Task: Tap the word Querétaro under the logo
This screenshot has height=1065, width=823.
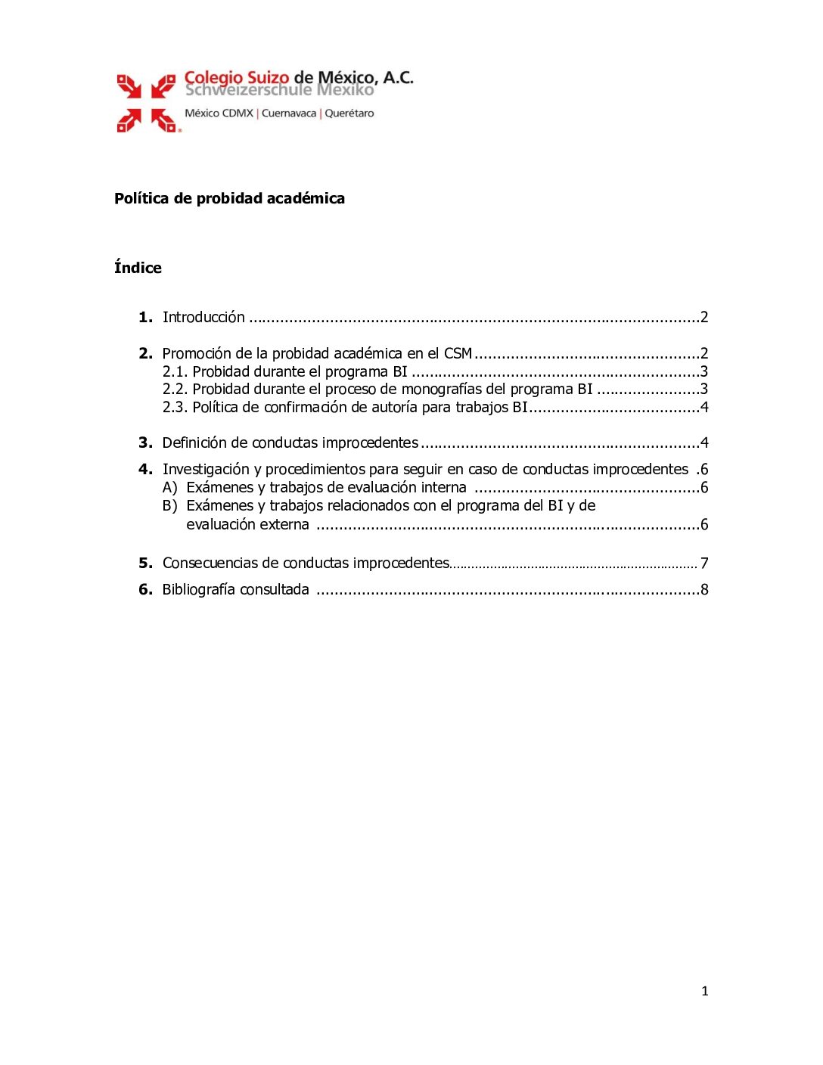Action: click(x=349, y=113)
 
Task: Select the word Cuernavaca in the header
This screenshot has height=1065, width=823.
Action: click(x=289, y=113)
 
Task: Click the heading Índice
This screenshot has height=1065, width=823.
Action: click(x=138, y=268)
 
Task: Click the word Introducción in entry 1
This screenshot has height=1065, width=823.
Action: click(x=203, y=317)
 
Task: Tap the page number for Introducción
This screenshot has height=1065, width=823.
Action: click(x=704, y=317)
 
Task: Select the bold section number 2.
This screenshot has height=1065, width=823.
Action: click(x=145, y=353)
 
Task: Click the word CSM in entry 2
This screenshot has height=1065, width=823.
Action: click(x=458, y=353)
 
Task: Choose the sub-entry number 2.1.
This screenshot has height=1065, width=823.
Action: click(x=175, y=371)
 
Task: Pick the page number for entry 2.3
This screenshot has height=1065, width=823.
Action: click(x=704, y=408)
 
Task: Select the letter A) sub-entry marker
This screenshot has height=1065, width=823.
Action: click(x=170, y=488)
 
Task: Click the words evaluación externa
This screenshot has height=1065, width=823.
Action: click(x=247, y=525)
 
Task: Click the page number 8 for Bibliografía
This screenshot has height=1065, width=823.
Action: click(x=704, y=589)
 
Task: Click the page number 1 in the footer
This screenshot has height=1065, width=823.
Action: click(x=704, y=991)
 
